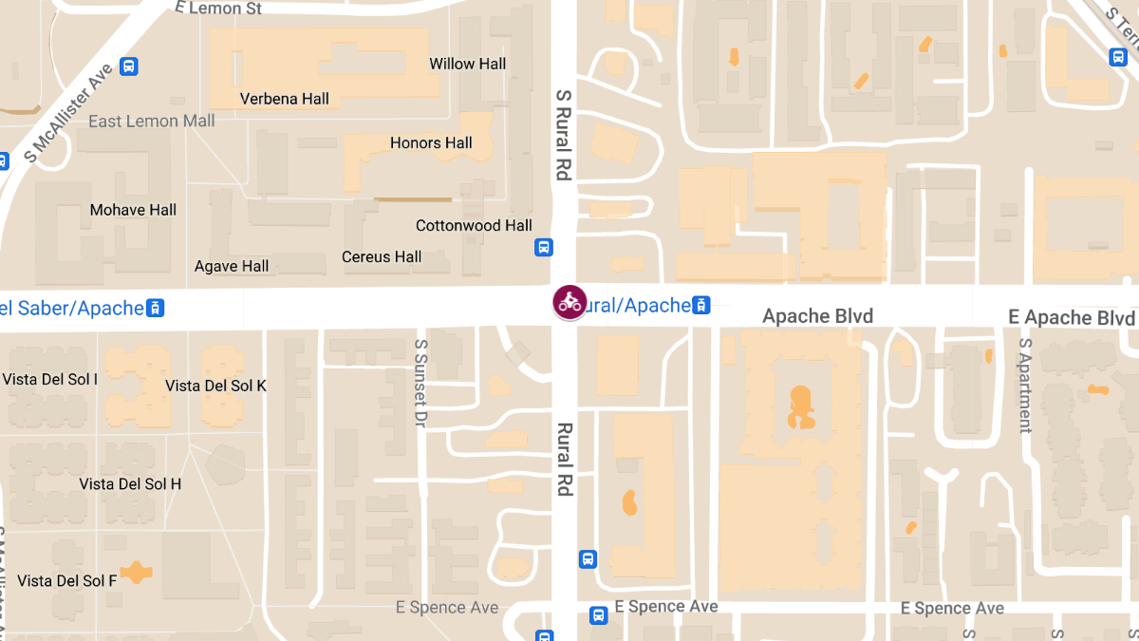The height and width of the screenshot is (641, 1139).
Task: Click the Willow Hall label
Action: (467, 64)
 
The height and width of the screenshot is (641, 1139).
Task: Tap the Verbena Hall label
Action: (285, 99)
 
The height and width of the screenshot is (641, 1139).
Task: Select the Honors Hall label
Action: (431, 143)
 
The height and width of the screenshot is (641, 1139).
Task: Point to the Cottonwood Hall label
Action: (474, 226)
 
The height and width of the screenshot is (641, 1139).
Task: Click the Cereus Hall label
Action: (382, 256)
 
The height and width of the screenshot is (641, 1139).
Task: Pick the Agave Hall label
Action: (232, 267)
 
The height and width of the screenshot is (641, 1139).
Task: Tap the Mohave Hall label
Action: (133, 210)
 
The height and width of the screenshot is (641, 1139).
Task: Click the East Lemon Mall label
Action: (152, 122)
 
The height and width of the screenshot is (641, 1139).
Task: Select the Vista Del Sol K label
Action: (215, 386)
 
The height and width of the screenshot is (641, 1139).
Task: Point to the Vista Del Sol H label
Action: (130, 484)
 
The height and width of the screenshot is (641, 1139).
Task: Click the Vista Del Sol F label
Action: (67, 580)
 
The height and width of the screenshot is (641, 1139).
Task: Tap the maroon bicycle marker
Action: (569, 302)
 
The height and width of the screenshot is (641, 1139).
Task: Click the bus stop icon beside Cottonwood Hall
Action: (544, 248)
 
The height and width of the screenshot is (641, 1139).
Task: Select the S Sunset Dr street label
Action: (421, 382)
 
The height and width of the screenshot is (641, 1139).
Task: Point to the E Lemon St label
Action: (219, 8)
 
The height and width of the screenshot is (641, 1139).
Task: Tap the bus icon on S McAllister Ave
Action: (130, 66)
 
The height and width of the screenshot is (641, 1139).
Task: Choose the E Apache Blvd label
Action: (1072, 317)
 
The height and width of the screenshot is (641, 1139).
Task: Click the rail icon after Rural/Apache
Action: (700, 305)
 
